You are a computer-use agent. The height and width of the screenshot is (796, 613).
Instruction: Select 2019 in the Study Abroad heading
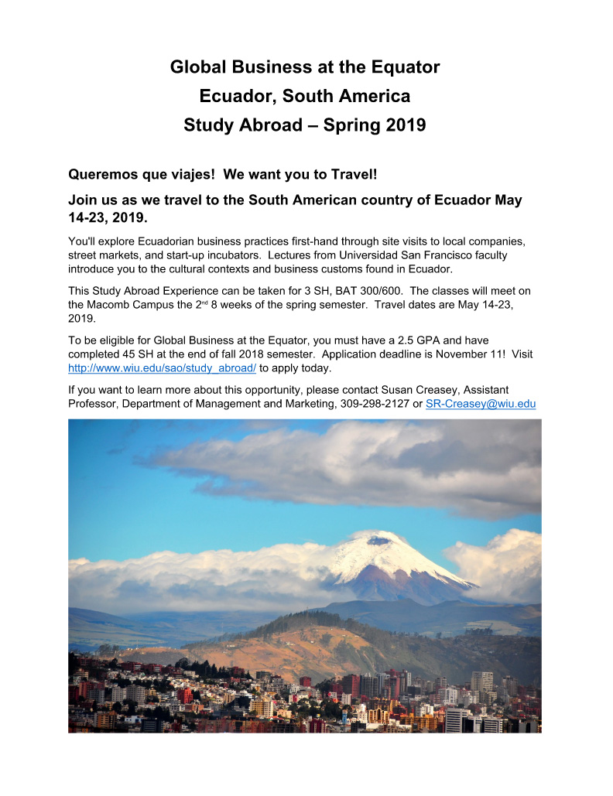coord(405,125)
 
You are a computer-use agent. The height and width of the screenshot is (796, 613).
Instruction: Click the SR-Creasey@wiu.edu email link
coord(481,404)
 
